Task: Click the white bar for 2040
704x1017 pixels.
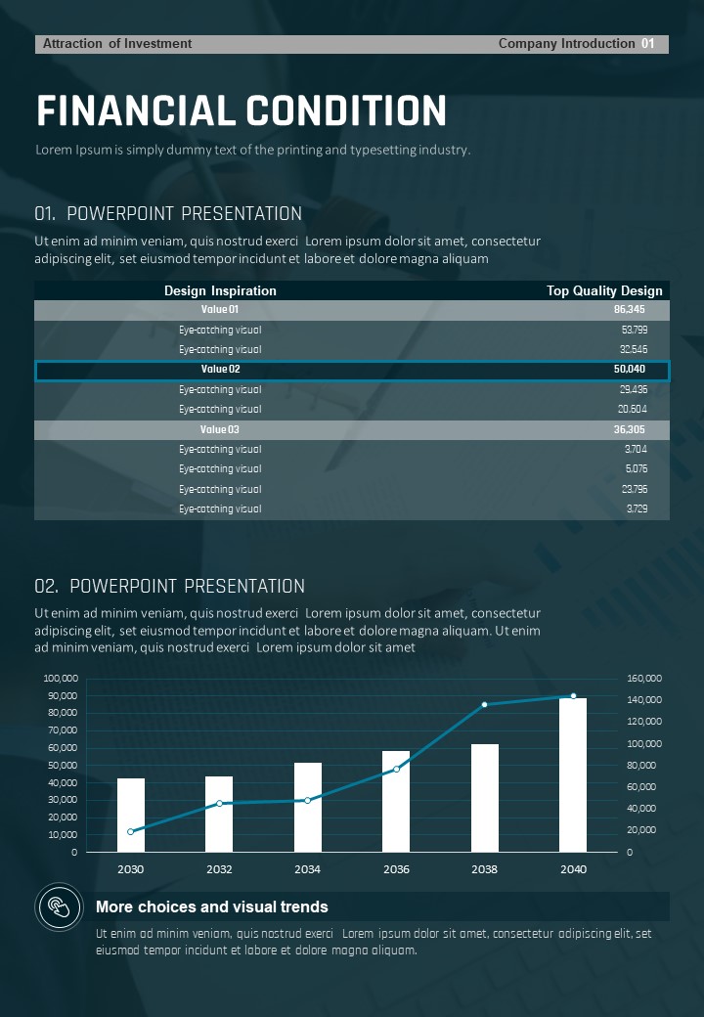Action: point(573,774)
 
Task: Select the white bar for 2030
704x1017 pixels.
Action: point(131,815)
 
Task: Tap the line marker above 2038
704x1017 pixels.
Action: point(484,704)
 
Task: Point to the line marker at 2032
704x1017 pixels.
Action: point(219,803)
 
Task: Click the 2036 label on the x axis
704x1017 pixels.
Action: point(396,869)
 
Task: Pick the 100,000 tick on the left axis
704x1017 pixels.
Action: point(61,678)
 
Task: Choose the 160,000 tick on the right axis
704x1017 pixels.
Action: point(644,678)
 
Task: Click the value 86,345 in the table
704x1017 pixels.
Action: point(629,309)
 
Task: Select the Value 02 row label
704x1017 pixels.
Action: point(220,370)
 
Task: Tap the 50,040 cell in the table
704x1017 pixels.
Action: point(629,370)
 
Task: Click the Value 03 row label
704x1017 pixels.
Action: point(220,429)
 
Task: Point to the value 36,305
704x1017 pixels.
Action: point(629,429)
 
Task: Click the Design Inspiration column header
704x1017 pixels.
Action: point(220,290)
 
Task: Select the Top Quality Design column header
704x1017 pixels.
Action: point(604,290)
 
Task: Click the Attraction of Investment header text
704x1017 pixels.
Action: point(117,44)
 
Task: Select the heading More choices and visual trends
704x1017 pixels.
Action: point(211,906)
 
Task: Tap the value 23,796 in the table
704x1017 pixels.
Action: point(634,489)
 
